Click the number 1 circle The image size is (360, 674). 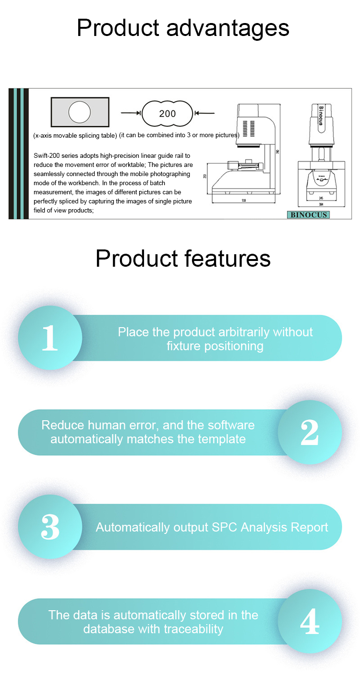pyautogui.click(x=49, y=338)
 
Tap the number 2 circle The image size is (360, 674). pyautogui.click(x=310, y=432)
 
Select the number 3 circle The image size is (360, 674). pyautogui.click(x=49, y=527)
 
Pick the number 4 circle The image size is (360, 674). pyautogui.click(x=310, y=621)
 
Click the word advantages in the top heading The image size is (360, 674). pyautogui.click(x=228, y=28)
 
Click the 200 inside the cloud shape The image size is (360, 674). pyautogui.click(x=168, y=114)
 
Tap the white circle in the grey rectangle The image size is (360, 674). pyautogui.click(x=80, y=112)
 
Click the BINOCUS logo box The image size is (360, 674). pyautogui.click(x=308, y=214)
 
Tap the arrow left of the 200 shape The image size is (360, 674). pyautogui.click(x=131, y=113)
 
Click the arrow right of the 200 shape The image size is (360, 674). pyautogui.click(x=204, y=113)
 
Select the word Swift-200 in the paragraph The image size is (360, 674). pyautogui.click(x=48, y=155)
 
